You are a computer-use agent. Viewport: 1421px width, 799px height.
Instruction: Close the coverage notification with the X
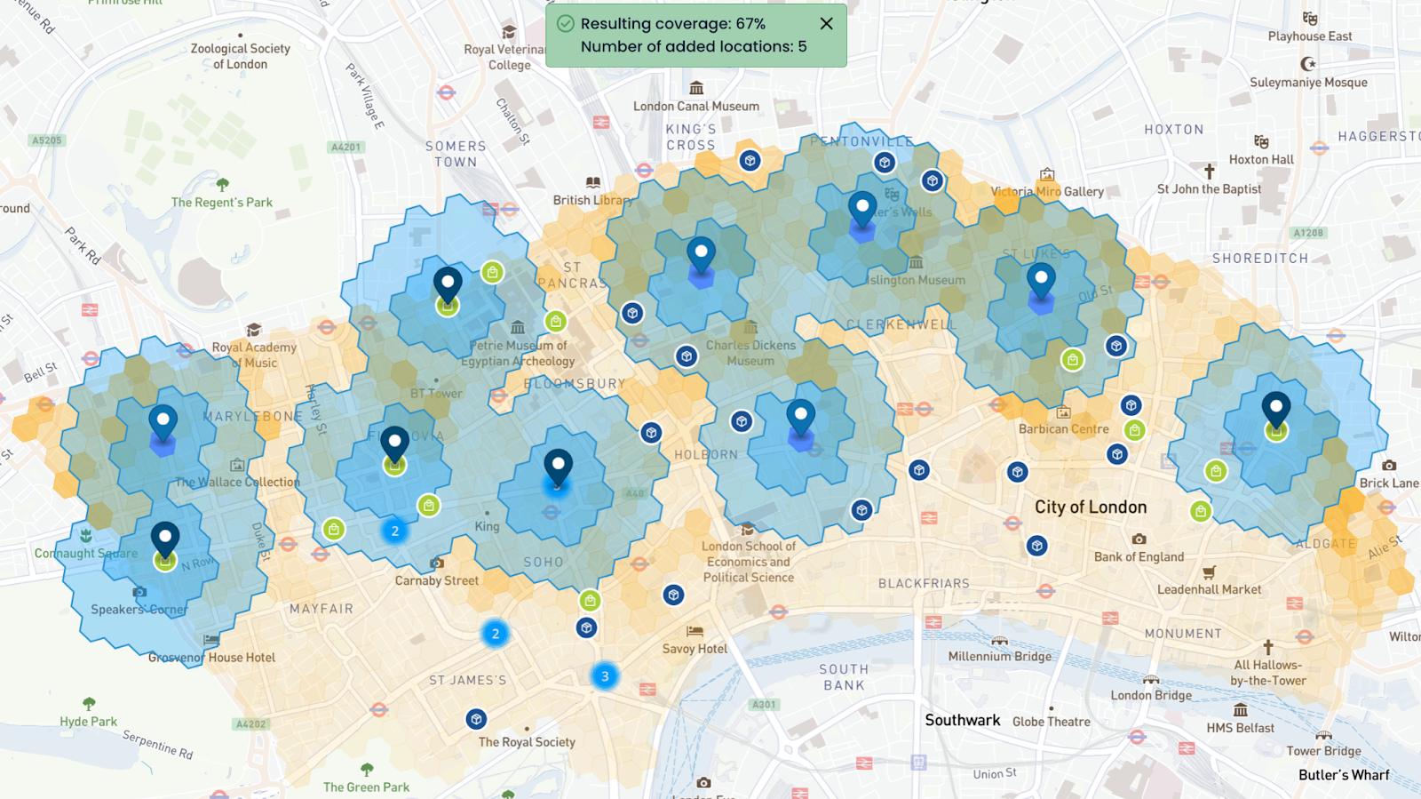826,24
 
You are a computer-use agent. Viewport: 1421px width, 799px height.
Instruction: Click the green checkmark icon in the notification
565,24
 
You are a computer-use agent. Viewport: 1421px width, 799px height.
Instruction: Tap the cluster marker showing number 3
605,676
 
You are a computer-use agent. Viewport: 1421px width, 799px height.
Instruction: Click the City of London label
1090,507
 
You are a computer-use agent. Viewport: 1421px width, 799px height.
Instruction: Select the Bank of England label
1139,557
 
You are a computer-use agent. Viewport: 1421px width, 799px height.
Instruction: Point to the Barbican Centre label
1063,429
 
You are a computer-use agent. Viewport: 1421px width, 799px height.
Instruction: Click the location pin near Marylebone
163,423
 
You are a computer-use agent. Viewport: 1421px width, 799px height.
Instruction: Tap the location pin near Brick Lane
1276,411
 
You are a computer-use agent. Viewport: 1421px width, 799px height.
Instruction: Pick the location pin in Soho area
558,467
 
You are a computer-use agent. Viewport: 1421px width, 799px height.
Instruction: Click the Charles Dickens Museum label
750,353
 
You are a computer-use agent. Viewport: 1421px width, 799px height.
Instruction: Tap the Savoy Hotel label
695,649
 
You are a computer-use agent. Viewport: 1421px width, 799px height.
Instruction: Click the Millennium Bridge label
999,657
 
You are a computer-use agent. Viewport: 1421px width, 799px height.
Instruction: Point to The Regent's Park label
222,203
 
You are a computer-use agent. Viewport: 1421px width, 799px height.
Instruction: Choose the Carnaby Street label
437,580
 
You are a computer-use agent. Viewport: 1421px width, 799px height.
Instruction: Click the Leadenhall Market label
1209,589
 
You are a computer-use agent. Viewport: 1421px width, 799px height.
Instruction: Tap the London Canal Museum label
696,106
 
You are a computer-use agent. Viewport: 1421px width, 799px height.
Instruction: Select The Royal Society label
527,742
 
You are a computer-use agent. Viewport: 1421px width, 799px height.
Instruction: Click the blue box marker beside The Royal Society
476,719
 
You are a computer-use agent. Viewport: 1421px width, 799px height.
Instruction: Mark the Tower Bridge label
1323,751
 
